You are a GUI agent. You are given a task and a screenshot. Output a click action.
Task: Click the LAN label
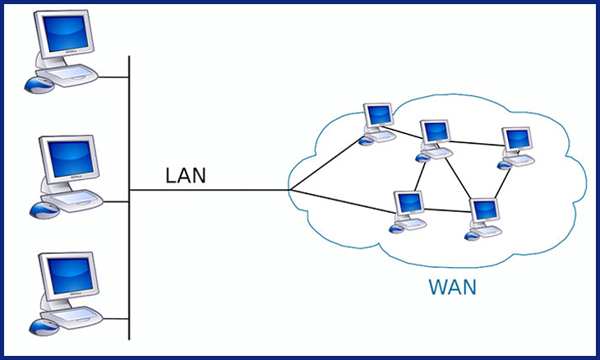(x=186, y=175)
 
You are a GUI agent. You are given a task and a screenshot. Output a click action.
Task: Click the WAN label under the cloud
(x=451, y=288)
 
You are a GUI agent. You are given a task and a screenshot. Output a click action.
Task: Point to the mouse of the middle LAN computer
(x=42, y=209)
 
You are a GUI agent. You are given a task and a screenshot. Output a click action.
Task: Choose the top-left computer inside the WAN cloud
(x=377, y=118)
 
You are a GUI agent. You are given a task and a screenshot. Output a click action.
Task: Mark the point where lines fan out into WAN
(x=290, y=191)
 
